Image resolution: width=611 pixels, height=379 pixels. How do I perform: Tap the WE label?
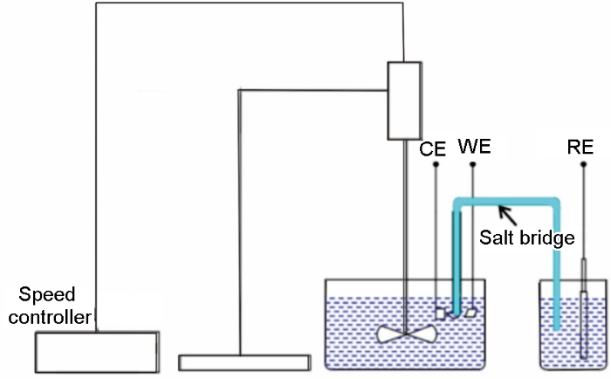[472, 148]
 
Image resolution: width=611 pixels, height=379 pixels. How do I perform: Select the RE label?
[580, 148]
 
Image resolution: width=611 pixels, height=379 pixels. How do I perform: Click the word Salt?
[497, 238]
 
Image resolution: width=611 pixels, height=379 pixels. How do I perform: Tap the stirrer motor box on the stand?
[404, 101]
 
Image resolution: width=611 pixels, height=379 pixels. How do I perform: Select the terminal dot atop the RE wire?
[580, 163]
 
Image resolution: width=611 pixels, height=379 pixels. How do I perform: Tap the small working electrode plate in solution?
[471, 310]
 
